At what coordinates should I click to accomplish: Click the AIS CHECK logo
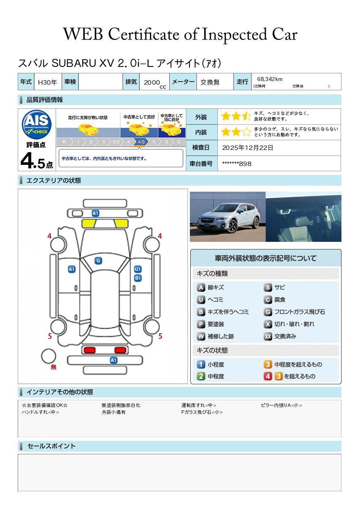tap(37, 125)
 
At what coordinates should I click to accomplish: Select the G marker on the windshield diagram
tap(98, 261)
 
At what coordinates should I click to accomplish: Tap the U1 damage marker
tap(138, 269)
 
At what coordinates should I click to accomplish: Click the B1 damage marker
tap(138, 278)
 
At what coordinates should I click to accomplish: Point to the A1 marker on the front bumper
tap(96, 213)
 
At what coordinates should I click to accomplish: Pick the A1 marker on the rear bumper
tap(113, 360)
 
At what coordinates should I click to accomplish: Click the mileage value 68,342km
tap(270, 79)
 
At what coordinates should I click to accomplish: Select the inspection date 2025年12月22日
tap(248, 148)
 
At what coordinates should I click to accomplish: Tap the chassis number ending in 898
tap(237, 164)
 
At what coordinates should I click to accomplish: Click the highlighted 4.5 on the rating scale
tap(141, 142)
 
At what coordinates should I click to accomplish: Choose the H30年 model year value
tap(47, 82)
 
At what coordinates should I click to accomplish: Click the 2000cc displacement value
tap(155, 83)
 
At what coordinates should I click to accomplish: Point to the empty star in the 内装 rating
tap(247, 132)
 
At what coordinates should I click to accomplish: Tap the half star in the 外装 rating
tap(247, 116)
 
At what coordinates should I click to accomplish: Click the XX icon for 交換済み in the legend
tap(268, 336)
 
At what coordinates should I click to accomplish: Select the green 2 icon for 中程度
tap(201, 376)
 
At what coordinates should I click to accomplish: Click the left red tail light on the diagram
tap(89, 350)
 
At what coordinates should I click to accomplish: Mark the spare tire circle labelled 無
tap(48, 356)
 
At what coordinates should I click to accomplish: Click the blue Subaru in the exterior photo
tap(229, 218)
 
